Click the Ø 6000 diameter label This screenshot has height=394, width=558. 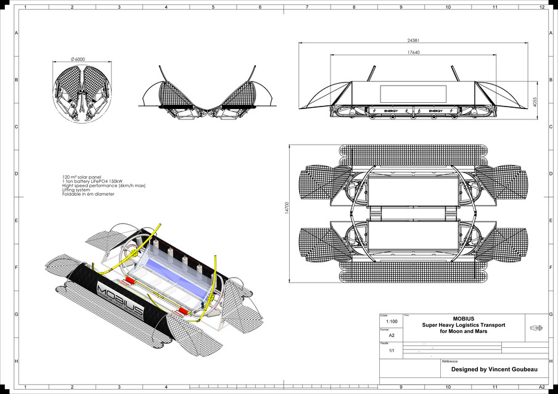tap(78, 58)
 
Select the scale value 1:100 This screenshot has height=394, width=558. tap(391, 321)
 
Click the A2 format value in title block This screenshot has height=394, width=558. tap(391, 336)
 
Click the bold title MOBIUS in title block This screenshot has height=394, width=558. tap(463, 319)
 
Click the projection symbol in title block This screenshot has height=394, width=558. tap(536, 328)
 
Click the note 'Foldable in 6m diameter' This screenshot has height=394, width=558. tap(88, 194)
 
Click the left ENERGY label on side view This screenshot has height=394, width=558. tap(390, 111)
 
